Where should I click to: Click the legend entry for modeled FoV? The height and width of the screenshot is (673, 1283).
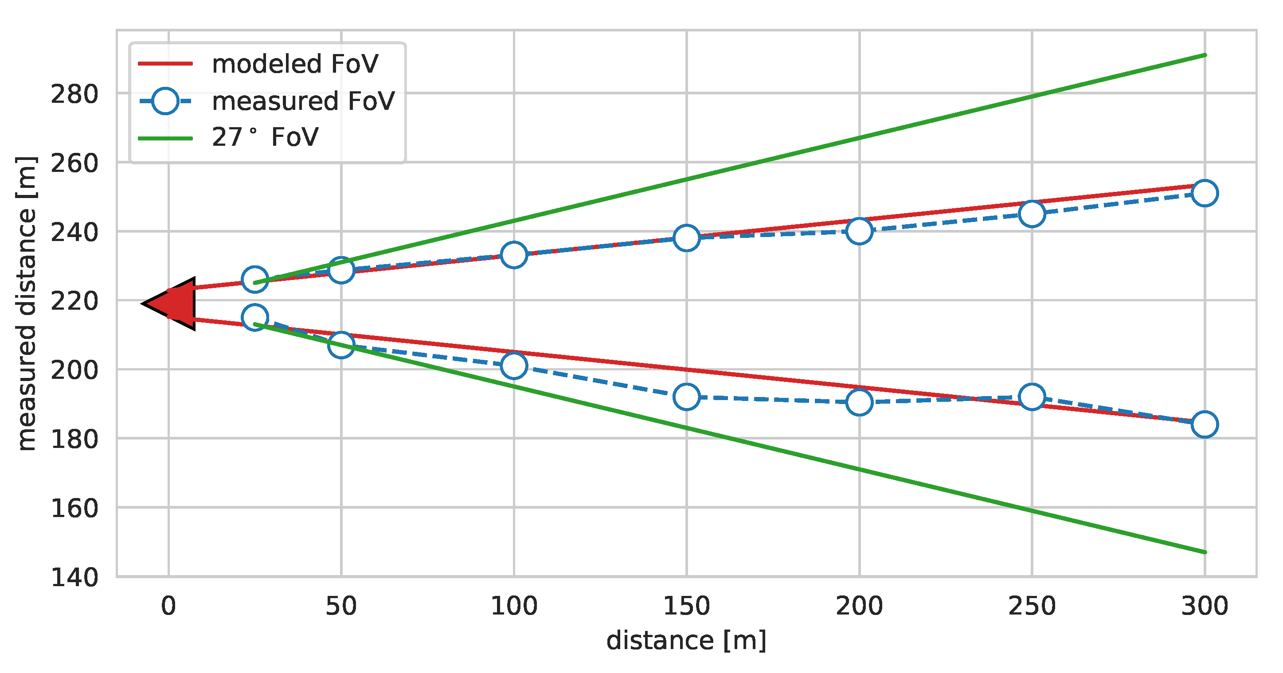[x=294, y=64]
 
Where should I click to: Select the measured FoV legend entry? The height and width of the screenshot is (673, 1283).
[x=302, y=101]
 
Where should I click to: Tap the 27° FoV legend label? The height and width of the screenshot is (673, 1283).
[x=265, y=137]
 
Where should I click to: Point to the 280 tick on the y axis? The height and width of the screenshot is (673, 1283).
[x=75, y=94]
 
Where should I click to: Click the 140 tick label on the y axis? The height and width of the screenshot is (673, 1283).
[x=75, y=577]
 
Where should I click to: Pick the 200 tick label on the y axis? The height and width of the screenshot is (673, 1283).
[x=75, y=370]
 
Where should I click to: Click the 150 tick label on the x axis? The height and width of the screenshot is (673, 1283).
[x=686, y=606]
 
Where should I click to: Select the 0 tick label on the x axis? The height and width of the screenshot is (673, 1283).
[x=168, y=606]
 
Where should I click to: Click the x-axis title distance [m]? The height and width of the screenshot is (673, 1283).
[x=686, y=640]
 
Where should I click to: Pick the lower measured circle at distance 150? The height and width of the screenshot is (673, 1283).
[x=686, y=397]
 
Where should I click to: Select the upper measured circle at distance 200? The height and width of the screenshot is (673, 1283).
[x=859, y=231]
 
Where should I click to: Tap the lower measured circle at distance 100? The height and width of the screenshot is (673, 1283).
[x=513, y=366]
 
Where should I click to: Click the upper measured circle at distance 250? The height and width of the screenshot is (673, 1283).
[x=1032, y=214]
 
